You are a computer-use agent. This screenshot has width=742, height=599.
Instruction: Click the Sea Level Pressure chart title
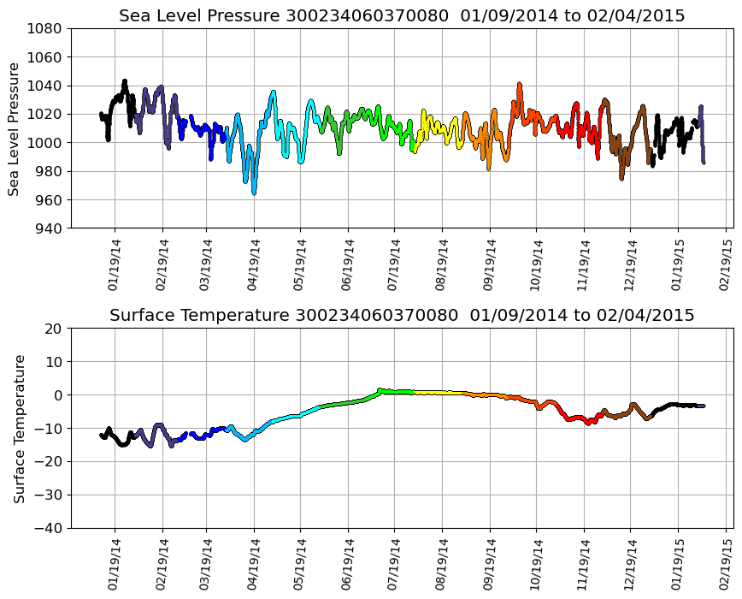coord(402,16)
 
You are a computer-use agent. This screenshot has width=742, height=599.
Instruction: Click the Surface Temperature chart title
coord(402,316)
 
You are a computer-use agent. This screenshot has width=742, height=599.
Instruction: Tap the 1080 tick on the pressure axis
coord(48,28)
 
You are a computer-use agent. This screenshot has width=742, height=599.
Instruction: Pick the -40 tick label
coord(51,529)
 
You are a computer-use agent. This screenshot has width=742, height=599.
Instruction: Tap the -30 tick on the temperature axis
coord(51,495)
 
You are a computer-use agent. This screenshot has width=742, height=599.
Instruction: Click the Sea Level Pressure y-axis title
coord(15,128)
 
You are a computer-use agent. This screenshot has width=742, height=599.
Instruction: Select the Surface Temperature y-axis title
coord(19,428)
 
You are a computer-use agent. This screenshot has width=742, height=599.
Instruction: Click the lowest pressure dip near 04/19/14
coord(254,193)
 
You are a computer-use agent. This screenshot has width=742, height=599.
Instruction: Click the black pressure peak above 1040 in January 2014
coord(125,81)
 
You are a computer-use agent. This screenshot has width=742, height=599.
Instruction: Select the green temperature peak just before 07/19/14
coord(380,390)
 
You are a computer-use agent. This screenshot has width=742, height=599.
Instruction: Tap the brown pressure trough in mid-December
coord(621,177)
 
